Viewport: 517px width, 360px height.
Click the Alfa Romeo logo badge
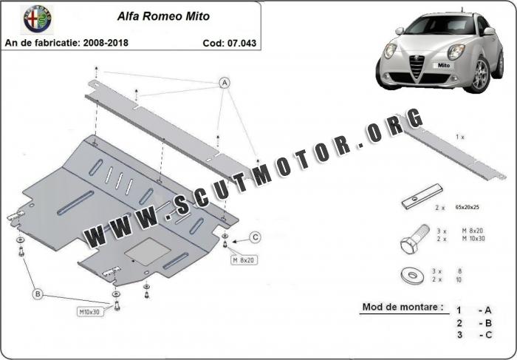click(x=37, y=18)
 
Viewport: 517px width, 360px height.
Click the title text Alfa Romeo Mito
click(x=163, y=16)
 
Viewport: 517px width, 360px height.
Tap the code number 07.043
click(x=242, y=43)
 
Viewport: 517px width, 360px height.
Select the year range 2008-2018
click(x=106, y=43)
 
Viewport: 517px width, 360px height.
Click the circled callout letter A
click(x=225, y=83)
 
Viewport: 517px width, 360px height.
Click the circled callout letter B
click(x=38, y=294)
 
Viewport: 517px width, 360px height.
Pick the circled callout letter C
click(x=255, y=237)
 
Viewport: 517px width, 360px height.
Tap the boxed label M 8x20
click(x=244, y=260)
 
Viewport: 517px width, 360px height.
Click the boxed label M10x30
click(x=89, y=312)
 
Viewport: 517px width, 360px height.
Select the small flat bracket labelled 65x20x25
click(x=422, y=197)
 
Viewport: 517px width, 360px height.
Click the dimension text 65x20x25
click(x=467, y=208)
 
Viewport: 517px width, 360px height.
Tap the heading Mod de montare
click(x=403, y=307)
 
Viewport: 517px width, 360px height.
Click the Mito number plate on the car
click(x=443, y=65)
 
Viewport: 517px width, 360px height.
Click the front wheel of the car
click(x=480, y=75)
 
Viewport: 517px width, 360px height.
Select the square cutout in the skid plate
click(x=148, y=251)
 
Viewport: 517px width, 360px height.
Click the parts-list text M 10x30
click(x=473, y=239)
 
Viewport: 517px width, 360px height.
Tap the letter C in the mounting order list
click(x=488, y=336)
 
